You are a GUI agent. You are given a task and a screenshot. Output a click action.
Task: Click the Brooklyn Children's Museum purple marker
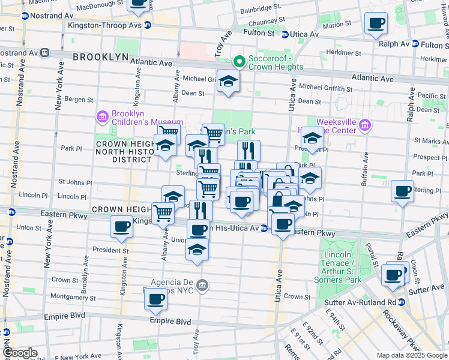pos(102,115)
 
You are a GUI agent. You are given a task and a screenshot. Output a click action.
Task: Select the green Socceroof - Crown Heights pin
pos(239,61)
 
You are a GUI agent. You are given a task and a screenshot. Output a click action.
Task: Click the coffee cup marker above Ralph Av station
pos(376,24)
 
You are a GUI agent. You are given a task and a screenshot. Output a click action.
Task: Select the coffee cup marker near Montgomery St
pos(156,298)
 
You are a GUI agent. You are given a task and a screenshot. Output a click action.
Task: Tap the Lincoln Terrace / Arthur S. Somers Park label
pos(340,267)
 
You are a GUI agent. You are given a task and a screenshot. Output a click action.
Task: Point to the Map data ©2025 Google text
pos(411,355)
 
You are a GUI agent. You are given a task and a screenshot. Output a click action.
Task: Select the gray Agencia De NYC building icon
pos(202,284)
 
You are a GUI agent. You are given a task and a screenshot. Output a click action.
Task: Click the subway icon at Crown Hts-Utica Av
pos(264,229)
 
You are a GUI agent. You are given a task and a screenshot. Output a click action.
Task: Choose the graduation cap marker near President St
pos(196,250)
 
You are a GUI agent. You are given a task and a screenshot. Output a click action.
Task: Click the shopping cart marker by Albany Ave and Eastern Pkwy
pos(163,212)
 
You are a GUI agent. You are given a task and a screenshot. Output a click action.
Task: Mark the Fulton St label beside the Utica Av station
pos(262,34)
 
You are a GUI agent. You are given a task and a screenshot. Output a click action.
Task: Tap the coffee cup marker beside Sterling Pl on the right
pos(402,191)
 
